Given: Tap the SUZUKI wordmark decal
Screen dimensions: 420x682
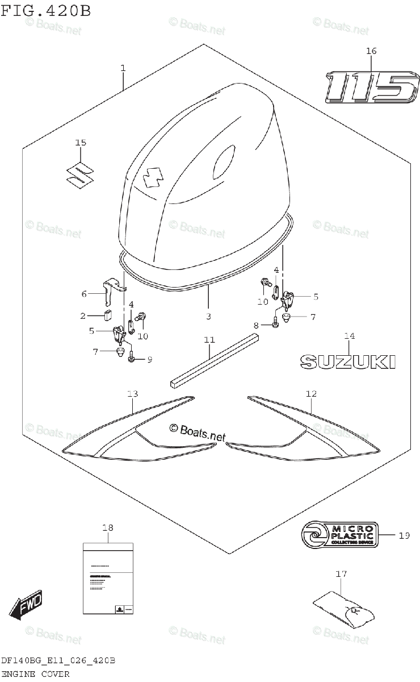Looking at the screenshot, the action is [x=347, y=361].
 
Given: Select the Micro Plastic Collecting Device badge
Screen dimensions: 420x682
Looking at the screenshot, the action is [x=338, y=535].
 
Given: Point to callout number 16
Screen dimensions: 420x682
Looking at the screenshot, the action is [x=371, y=52].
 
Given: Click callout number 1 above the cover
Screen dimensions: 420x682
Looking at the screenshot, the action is [x=123, y=68].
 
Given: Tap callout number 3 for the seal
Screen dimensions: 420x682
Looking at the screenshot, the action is [x=208, y=316].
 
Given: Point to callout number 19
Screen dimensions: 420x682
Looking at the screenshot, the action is [x=404, y=535].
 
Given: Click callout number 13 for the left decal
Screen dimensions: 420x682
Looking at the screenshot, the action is [x=132, y=394].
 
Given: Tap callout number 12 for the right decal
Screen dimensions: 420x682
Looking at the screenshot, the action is [x=311, y=393].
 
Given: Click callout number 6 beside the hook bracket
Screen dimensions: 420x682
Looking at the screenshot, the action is [x=84, y=294].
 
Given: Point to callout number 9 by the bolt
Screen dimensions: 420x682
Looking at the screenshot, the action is [x=150, y=359].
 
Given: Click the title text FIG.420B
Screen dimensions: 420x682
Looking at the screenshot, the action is [x=47, y=11].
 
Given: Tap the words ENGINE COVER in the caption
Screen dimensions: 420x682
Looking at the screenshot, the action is [x=35, y=674].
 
